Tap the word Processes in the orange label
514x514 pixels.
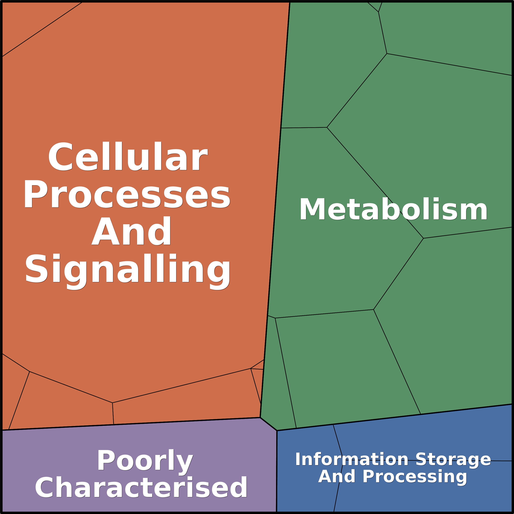(127, 194)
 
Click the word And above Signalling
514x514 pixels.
(131, 231)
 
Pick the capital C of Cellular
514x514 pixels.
(60, 157)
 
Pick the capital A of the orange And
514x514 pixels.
(105, 231)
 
